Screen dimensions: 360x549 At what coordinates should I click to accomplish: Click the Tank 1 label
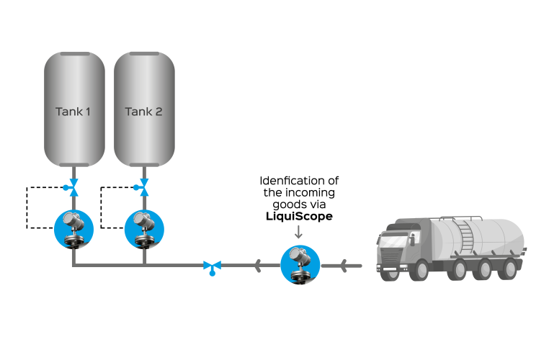click(x=73, y=112)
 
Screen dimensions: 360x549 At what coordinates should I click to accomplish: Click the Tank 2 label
click(x=143, y=112)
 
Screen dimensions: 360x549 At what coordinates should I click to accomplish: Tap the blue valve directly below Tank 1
click(x=72, y=186)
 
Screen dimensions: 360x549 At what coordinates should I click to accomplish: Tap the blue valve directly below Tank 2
click(x=144, y=186)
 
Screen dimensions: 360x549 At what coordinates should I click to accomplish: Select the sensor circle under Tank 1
click(x=73, y=230)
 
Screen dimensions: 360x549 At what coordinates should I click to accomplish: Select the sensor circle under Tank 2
click(x=144, y=230)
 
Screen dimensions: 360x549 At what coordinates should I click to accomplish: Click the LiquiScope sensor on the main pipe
click(x=300, y=264)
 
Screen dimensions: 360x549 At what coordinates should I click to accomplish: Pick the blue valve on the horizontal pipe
click(x=212, y=267)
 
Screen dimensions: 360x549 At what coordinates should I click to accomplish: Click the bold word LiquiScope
click(x=299, y=216)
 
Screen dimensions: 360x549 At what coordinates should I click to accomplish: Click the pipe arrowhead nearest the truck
click(x=344, y=266)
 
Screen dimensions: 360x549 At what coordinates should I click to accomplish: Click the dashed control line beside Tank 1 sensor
click(x=27, y=208)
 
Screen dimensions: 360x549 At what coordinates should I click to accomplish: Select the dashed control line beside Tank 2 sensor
click(x=101, y=208)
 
